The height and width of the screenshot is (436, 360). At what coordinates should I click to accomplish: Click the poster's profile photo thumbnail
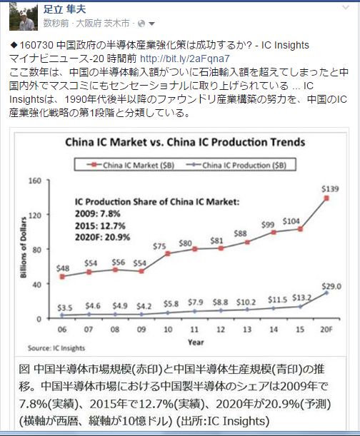click(23, 16)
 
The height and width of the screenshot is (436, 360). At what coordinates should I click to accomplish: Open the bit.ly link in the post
click(184, 59)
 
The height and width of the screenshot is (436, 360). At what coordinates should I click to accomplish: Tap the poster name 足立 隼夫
click(64, 9)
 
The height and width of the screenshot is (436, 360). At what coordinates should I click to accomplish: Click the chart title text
click(185, 142)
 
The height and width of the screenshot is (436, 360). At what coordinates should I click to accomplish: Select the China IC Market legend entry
click(130, 165)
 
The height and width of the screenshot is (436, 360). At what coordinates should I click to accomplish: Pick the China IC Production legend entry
click(236, 165)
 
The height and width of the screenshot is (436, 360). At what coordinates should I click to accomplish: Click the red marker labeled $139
click(326, 198)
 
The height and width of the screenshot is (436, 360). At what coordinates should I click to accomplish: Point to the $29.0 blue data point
click(326, 293)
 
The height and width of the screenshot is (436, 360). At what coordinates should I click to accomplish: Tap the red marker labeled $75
click(168, 253)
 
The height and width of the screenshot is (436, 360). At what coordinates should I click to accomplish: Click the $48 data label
click(63, 268)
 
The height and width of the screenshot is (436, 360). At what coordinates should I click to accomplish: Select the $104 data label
click(291, 221)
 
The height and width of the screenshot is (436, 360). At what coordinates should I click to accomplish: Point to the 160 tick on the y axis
click(35, 181)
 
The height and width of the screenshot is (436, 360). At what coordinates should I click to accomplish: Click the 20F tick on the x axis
click(326, 330)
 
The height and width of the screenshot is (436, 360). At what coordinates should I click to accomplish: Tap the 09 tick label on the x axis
click(141, 330)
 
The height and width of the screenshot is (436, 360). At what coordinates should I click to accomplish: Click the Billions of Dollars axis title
click(24, 247)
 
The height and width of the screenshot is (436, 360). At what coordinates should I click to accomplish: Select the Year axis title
click(196, 343)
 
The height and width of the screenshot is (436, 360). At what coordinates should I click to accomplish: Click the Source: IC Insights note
click(56, 348)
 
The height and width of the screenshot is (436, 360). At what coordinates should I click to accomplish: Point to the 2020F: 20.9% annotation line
click(102, 237)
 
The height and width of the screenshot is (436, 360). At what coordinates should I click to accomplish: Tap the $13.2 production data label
click(301, 298)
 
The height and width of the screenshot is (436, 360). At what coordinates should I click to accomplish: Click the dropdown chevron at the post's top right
click(346, 7)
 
